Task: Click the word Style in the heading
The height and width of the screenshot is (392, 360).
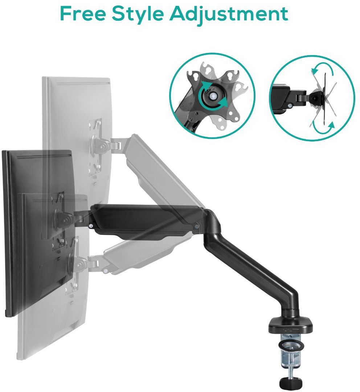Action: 138,15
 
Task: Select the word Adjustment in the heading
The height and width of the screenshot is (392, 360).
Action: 229,15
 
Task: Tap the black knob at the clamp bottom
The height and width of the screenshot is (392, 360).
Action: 290,383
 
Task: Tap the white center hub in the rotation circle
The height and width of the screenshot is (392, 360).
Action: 213,96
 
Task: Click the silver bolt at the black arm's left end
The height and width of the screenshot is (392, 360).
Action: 91,226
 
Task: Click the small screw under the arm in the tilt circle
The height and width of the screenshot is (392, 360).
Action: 290,106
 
